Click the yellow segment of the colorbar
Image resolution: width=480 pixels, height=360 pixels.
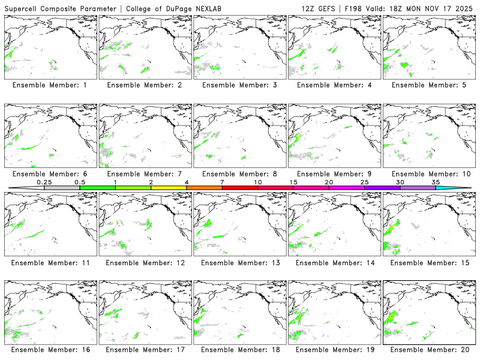(x=169, y=188)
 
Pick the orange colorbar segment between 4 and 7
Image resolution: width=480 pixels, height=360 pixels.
(x=204, y=188)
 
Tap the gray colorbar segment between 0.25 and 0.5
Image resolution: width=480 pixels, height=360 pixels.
(x=62, y=188)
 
